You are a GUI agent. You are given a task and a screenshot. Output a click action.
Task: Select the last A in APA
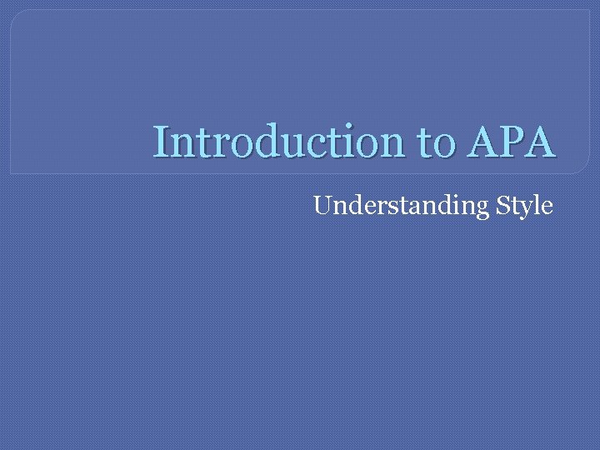(x=537, y=142)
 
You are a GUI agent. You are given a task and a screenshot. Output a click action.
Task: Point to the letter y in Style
(x=525, y=207)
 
